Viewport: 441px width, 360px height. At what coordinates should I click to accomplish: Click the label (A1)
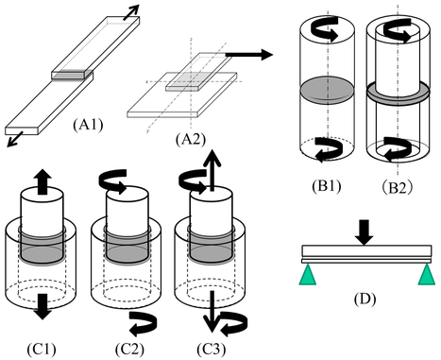coord(88,126)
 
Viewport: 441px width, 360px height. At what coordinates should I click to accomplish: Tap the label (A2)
coord(191,140)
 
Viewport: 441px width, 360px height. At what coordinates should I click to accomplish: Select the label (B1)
coord(327,186)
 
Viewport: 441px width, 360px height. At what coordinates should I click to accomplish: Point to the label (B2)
coord(397,188)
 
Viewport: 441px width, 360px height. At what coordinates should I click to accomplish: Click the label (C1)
coord(42,349)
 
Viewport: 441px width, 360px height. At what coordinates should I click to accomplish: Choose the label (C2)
coord(129,349)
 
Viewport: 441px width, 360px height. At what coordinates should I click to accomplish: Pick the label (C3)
coord(212,349)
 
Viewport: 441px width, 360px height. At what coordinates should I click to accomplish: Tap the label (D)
coord(365,299)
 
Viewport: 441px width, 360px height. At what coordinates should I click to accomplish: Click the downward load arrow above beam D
coord(365,232)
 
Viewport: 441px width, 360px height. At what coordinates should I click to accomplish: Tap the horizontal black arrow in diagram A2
coord(249,55)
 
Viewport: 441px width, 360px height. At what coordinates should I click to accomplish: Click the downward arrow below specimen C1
coord(42,306)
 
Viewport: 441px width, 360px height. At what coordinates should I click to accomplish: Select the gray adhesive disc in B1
coord(327,90)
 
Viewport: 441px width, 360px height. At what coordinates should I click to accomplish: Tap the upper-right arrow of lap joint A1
coord(130,12)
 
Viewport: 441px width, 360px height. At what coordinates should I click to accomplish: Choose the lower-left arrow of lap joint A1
coord(15,139)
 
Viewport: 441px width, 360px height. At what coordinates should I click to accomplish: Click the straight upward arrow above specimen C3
coord(212,170)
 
